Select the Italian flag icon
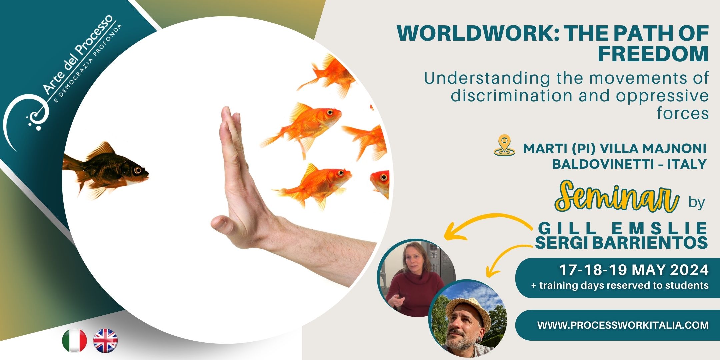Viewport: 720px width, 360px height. (x=74, y=341)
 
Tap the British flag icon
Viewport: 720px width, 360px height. (x=105, y=341)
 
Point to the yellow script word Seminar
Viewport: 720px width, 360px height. (x=617, y=196)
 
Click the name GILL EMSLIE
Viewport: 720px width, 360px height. (x=623, y=229)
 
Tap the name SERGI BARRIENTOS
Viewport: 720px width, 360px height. (x=621, y=243)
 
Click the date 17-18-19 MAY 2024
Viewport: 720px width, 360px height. (x=634, y=270)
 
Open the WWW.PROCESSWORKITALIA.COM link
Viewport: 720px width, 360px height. (x=623, y=325)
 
